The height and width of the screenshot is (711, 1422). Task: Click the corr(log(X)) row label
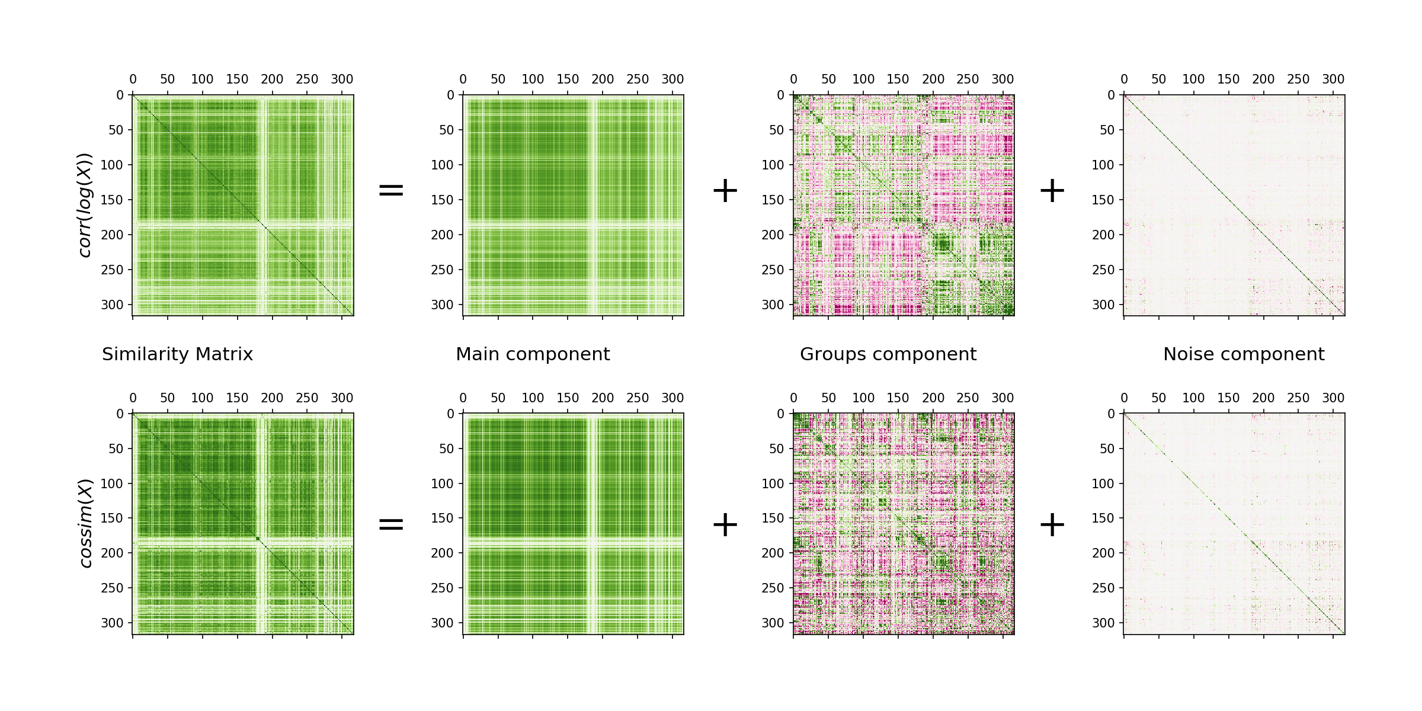point(85,205)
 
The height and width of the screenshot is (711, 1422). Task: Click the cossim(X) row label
point(85,523)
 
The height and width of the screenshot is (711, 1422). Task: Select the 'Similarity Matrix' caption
point(177,354)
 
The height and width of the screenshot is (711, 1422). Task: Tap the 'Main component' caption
point(532,354)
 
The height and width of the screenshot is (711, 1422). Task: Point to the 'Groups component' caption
point(888,354)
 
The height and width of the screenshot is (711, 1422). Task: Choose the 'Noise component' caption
point(1244,354)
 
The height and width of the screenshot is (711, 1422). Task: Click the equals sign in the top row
point(391,190)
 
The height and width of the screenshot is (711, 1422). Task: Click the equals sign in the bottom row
point(391,524)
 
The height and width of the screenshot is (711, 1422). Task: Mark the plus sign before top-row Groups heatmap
point(725,190)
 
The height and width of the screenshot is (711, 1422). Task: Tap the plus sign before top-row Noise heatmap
point(1052,190)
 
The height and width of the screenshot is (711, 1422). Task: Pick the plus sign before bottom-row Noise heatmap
point(1052,524)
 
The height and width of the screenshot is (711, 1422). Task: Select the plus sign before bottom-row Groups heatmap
point(725,524)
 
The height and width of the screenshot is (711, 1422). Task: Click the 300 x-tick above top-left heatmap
point(342,79)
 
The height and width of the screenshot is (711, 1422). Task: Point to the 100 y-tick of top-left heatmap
point(111,165)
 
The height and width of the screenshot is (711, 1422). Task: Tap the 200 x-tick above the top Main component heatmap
point(603,79)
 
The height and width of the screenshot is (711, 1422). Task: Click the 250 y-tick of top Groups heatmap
point(773,270)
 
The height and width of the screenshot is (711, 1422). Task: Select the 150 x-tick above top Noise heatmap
point(1228,79)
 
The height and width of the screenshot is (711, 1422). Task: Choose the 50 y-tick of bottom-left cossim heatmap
point(116,449)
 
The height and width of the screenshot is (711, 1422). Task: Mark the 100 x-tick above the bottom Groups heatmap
point(863,398)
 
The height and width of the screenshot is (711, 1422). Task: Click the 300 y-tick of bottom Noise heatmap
point(1103,623)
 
